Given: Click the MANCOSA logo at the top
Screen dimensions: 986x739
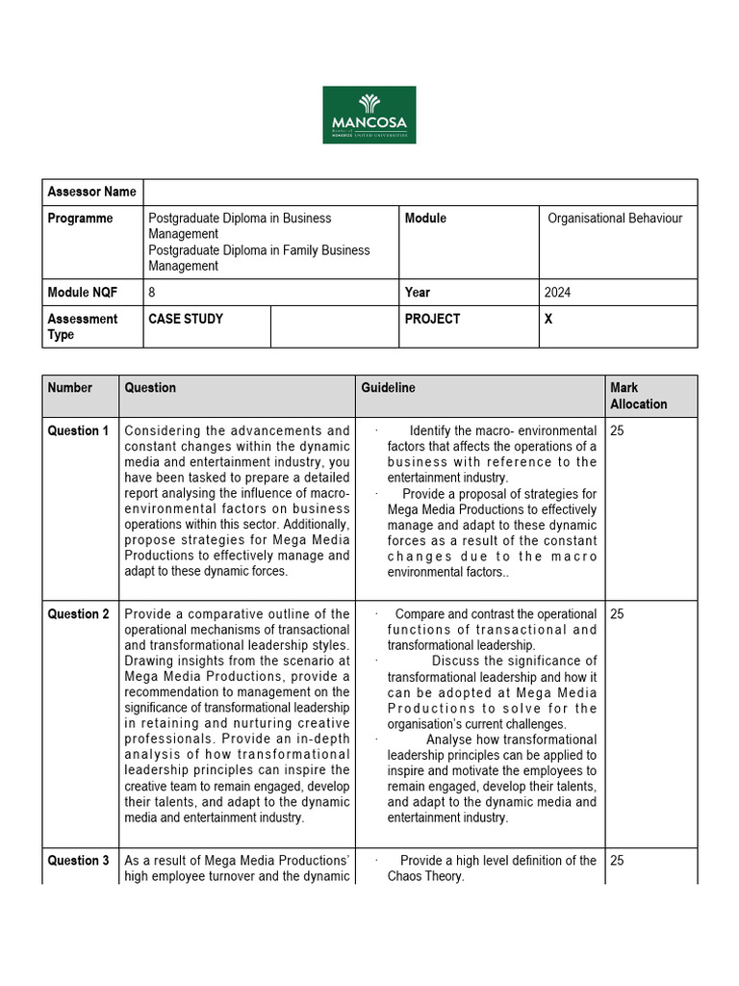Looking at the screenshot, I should [x=369, y=115].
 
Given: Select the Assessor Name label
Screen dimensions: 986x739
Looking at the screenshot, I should [x=92, y=192].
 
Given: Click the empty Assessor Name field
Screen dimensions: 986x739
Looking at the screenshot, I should [x=420, y=192].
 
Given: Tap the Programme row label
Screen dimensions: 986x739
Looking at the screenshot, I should [x=80, y=219].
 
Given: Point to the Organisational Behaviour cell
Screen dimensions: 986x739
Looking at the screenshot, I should [x=615, y=219].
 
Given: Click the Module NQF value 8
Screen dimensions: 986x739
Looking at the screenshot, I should [x=152, y=293].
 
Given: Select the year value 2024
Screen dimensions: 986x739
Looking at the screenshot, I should [x=557, y=293].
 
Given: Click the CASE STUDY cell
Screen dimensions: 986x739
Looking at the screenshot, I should [x=186, y=319].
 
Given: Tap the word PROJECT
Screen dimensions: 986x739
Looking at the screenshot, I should [x=432, y=319].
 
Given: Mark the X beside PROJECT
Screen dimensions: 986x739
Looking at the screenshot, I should [x=548, y=319].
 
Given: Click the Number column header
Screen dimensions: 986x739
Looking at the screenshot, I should [x=70, y=388].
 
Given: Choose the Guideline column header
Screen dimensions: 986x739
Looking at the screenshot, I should [x=388, y=388].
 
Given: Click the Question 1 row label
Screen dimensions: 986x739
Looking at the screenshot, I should [x=78, y=431].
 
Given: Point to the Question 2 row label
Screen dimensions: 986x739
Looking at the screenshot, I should [x=78, y=614].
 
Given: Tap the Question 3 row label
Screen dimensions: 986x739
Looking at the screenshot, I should [x=78, y=861].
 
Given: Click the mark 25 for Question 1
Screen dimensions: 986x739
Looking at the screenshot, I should [x=617, y=431].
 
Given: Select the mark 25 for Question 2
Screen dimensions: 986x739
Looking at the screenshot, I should [x=617, y=614].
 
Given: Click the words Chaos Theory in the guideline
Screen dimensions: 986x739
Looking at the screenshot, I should [x=425, y=876].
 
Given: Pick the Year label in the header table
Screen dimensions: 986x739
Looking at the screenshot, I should [x=418, y=293].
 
